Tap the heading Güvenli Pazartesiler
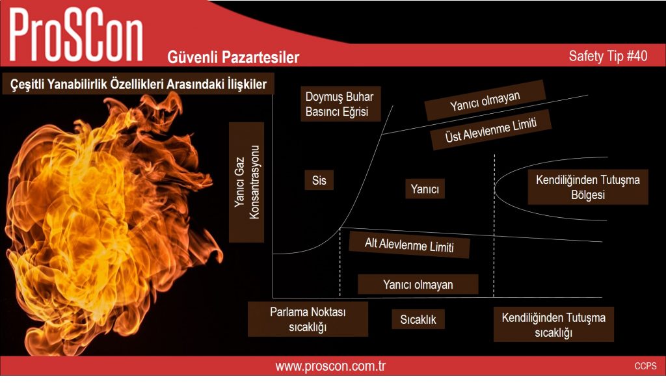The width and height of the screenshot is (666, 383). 233,57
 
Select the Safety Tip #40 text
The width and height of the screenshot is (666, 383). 608,56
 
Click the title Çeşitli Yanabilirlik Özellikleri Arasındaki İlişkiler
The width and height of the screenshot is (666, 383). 139,84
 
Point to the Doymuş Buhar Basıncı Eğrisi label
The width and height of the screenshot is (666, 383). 340,104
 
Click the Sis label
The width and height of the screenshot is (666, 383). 319,180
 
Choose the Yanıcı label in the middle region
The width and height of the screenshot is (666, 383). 425,189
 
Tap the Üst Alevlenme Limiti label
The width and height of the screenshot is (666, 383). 491,129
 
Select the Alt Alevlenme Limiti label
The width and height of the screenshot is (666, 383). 410,244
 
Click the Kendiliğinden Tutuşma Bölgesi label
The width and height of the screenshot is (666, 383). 588,187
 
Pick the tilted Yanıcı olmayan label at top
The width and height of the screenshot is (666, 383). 485,100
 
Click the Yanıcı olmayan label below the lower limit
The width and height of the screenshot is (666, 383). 418,285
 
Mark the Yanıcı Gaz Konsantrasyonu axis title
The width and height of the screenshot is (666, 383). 246,182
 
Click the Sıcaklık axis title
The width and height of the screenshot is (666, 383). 418,319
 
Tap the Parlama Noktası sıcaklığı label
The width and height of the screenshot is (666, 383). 308,319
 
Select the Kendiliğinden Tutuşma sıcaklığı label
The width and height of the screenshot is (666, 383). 553,324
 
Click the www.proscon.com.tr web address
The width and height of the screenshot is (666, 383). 330,366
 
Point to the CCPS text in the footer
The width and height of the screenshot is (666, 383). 646,366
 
